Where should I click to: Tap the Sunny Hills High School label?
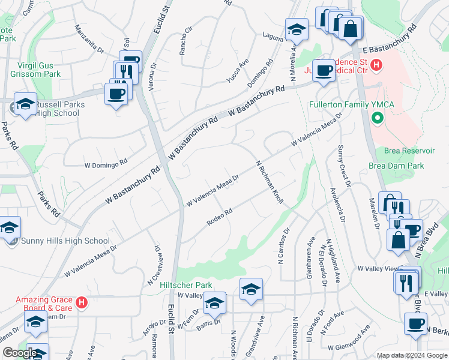[x=65, y=241]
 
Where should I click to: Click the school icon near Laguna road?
[x=297, y=29]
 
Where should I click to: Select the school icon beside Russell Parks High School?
[x=25, y=104]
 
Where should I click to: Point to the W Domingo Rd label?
[x=106, y=162]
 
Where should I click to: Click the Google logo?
[x=20, y=353]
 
